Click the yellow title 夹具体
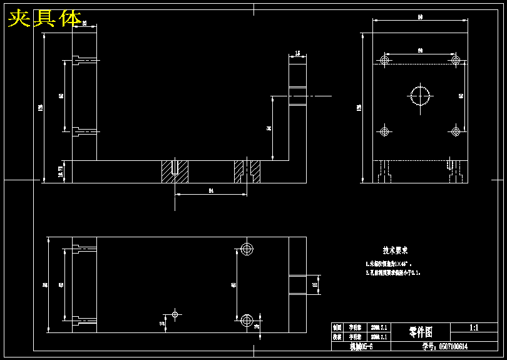(x=45, y=19)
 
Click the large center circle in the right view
(x=421, y=95)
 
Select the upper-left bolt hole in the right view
(x=384, y=60)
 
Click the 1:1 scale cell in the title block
(x=474, y=327)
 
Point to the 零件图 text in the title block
(x=421, y=331)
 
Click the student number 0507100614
(x=445, y=346)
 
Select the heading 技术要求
(x=396, y=250)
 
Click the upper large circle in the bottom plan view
(x=247, y=249)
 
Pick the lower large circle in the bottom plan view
(x=247, y=320)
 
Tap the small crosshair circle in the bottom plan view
(x=175, y=313)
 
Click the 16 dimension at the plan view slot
(x=315, y=284)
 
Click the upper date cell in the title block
(x=379, y=327)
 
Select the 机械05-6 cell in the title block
(x=361, y=346)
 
